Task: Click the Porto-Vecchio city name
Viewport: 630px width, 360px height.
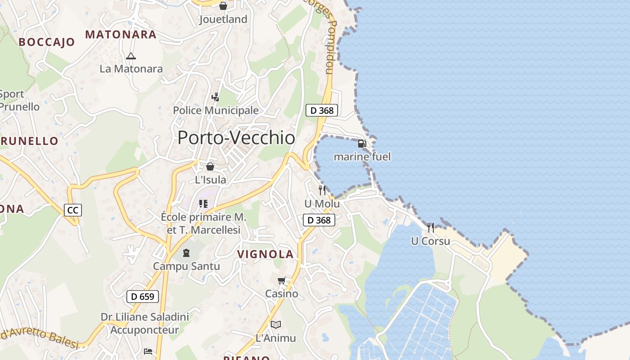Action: [236, 138]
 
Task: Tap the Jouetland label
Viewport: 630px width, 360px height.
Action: [223, 19]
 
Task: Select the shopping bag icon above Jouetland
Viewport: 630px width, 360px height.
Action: [223, 6]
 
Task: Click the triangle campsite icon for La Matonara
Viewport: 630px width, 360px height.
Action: [131, 56]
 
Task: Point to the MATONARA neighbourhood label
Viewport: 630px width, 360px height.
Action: [121, 35]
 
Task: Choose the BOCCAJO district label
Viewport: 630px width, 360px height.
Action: [47, 42]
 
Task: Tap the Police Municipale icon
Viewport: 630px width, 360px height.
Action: [216, 97]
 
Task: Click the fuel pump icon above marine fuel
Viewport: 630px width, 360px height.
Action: [362, 144]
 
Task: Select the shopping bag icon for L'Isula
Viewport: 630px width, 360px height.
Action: [210, 167]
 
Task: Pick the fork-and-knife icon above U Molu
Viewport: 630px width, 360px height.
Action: [322, 190]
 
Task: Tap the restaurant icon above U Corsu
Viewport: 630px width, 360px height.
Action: [431, 228]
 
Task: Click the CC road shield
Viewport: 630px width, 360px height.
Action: [72, 210]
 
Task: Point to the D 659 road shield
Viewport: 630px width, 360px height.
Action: [143, 297]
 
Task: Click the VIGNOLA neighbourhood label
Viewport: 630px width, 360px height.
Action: [265, 254]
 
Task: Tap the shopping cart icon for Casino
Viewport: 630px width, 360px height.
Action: [282, 281]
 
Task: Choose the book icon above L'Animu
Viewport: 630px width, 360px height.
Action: [275, 324]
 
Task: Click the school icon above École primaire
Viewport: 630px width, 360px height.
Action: [203, 204]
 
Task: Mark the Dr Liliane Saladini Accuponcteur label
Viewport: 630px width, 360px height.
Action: [144, 324]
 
